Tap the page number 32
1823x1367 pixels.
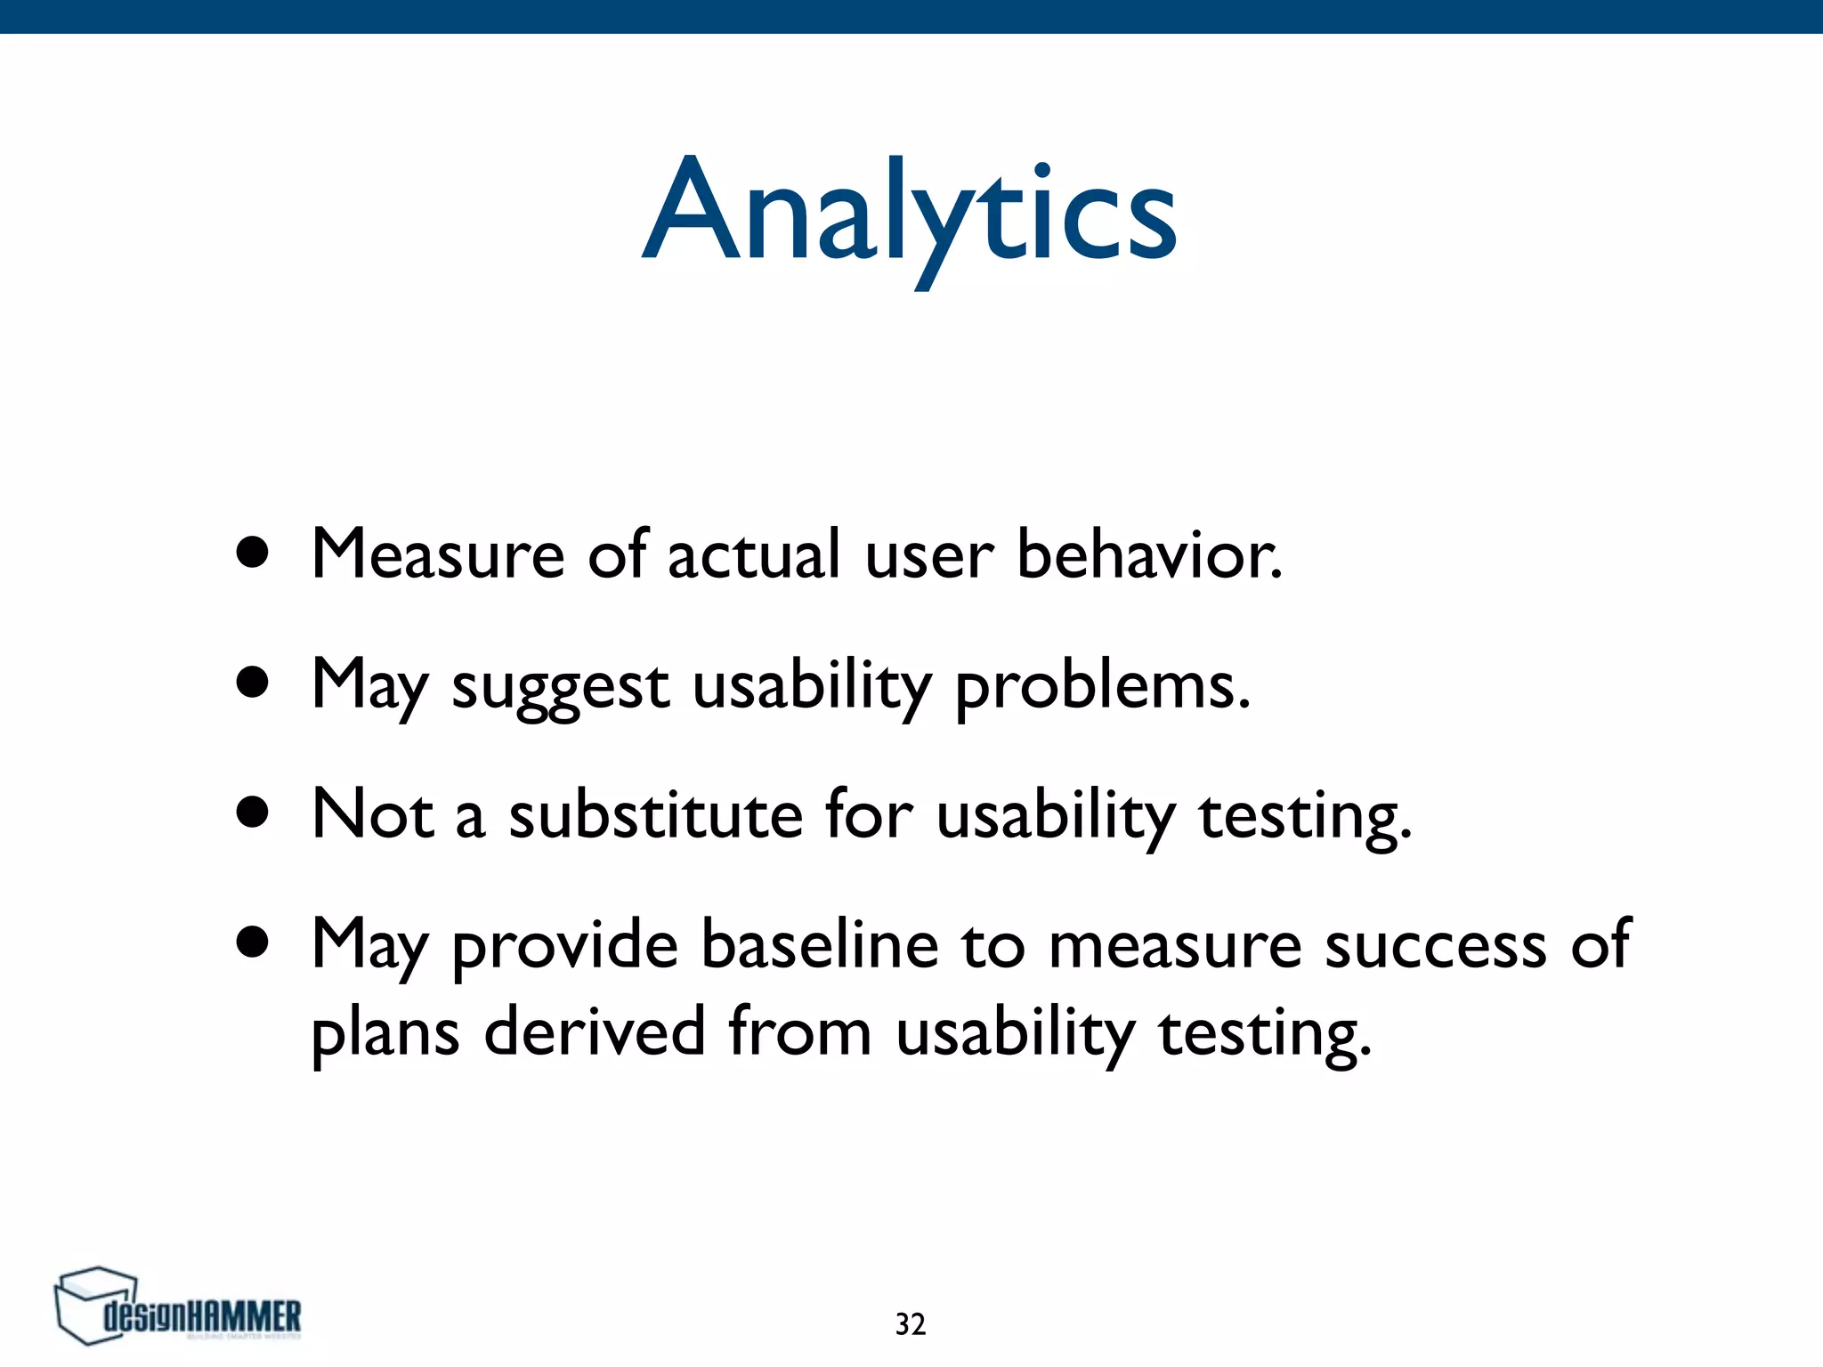[910, 1324]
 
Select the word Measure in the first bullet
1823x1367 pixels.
[437, 555]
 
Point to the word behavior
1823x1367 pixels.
[1148, 555]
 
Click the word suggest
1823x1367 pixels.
[560, 687]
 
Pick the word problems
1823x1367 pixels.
[1102, 687]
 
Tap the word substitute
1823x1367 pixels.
[656, 815]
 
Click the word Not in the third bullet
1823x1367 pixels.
[372, 815]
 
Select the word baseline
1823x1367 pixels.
[819, 945]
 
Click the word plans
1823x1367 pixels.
[385, 1034]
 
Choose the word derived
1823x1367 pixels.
[594, 1032]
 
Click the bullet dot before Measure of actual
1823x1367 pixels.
[253, 553]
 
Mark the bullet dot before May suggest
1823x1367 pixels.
[253, 683]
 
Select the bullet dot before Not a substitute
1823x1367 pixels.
[253, 813]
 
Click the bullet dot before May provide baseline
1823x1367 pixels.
[253, 942]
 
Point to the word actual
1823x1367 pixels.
[753, 555]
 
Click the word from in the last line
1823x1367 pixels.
[798, 1032]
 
